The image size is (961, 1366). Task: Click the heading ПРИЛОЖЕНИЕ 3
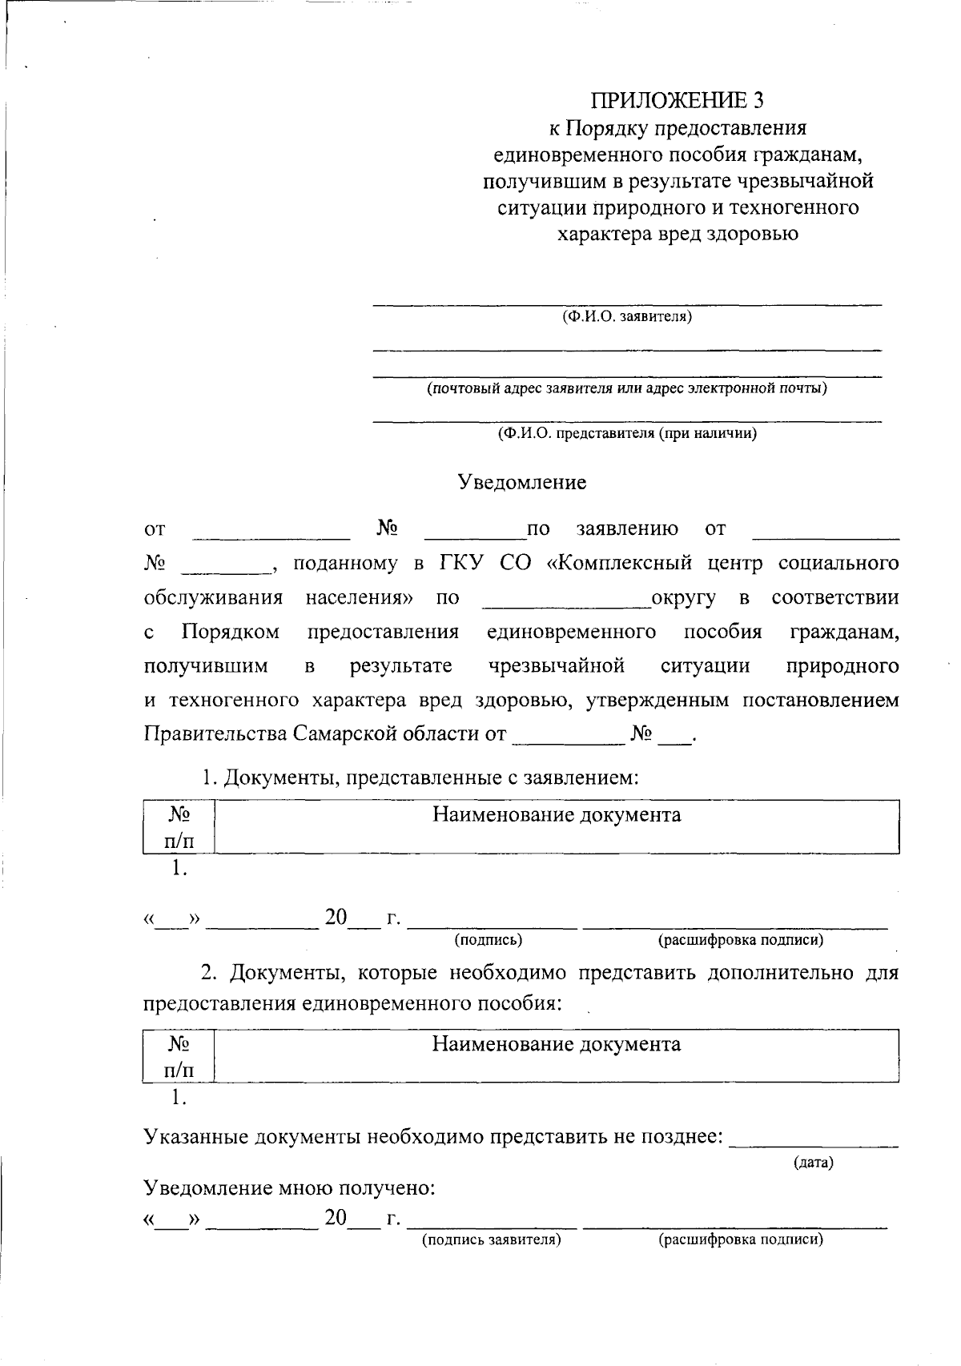[678, 100]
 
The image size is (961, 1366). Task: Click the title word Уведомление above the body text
[522, 482]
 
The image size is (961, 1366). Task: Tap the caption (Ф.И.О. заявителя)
[627, 316]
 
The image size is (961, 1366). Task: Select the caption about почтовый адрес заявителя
[627, 389]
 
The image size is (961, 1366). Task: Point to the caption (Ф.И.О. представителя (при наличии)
[627, 434]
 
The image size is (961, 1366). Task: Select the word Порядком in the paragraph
[231, 632]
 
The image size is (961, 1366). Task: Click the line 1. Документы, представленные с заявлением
[420, 777]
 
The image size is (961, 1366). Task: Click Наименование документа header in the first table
[557, 815]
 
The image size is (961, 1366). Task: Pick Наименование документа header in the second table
[557, 1044]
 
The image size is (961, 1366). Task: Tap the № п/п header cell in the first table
[179, 827]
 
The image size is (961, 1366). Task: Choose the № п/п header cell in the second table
[179, 1056]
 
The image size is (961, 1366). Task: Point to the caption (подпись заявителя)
[492, 1240]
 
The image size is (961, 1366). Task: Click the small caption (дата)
[814, 1163]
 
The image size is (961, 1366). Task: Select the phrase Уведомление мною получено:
[289, 1188]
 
